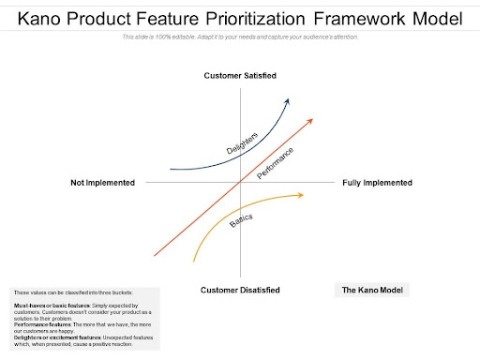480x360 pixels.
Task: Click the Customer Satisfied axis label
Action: coord(240,76)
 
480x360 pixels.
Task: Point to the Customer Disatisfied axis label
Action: coord(240,290)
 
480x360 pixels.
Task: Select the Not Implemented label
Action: coord(103,183)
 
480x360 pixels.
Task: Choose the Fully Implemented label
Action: coord(377,183)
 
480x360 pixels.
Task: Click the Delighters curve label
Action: coord(242,143)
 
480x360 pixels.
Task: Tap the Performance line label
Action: coord(275,162)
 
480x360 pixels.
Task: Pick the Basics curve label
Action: coord(241,219)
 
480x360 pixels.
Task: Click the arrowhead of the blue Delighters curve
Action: coord(288,100)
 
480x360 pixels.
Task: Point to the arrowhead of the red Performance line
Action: coord(311,119)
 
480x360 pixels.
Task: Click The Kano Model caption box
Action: coord(372,290)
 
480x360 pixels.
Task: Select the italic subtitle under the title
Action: coord(240,37)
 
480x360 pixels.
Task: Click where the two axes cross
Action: coord(240,183)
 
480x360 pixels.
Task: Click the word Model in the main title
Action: coord(436,19)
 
